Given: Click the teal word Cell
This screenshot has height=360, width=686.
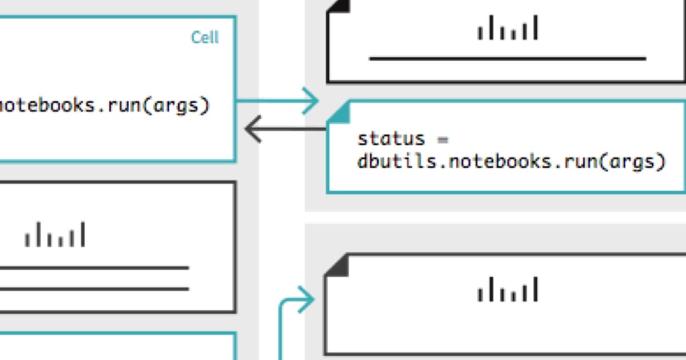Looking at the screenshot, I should [205, 38].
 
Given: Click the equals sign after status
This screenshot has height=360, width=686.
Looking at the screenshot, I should [442, 139].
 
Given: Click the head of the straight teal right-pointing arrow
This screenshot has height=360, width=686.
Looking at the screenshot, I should [312, 101].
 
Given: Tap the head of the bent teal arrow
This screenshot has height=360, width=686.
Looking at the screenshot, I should [309, 299].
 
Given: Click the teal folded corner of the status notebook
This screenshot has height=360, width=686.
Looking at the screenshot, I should [338, 112].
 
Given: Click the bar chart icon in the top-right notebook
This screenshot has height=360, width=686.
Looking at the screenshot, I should [508, 29].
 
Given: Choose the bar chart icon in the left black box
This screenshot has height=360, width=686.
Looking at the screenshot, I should [55, 235].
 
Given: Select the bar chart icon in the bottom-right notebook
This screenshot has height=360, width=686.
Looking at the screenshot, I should [508, 290].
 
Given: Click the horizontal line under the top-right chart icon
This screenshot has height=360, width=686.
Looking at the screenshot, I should [508, 58].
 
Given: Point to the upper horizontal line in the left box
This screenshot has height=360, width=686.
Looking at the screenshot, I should [94, 267].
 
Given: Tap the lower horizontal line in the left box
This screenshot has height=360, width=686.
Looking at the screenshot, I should [94, 289].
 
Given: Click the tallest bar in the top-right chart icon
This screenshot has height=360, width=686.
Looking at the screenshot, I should [535, 27].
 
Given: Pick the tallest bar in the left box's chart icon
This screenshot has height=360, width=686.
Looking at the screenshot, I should [83, 234].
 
